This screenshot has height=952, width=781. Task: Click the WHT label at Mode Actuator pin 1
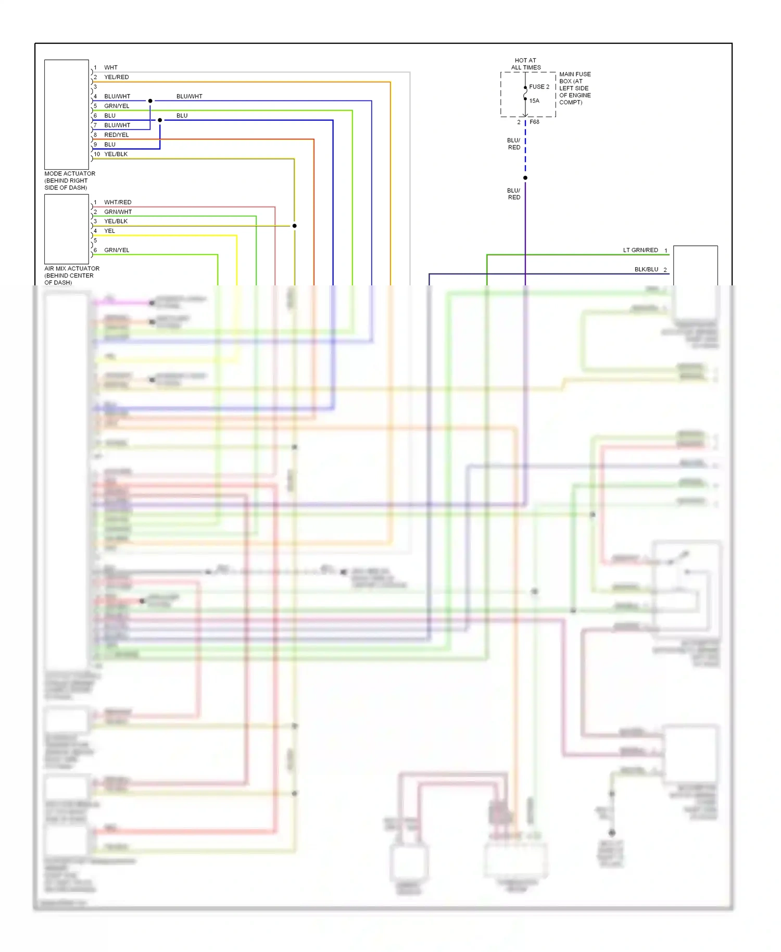pyautogui.click(x=110, y=68)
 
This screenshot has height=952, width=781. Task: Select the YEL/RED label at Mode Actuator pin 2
pyautogui.click(x=116, y=77)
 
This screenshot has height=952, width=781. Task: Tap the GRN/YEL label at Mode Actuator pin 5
pyautogui.click(x=117, y=106)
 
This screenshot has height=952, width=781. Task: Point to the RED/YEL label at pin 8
pyautogui.click(x=116, y=135)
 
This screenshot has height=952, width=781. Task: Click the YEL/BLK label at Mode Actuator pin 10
pyautogui.click(x=116, y=154)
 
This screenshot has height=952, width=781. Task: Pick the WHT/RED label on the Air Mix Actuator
pyautogui.click(x=118, y=202)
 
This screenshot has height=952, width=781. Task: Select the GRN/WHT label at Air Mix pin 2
pyautogui.click(x=118, y=212)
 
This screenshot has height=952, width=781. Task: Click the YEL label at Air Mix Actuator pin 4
pyautogui.click(x=109, y=231)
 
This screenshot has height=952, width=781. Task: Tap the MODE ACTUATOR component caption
pyautogui.click(x=70, y=180)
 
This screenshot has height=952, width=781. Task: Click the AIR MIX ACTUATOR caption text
pyautogui.click(x=71, y=275)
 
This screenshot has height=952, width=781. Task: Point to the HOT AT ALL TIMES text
pyautogui.click(x=525, y=64)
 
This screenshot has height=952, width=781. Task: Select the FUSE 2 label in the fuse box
pyautogui.click(x=539, y=87)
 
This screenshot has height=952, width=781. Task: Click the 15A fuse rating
pyautogui.click(x=534, y=101)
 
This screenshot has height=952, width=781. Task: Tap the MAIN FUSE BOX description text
pyautogui.click(x=574, y=88)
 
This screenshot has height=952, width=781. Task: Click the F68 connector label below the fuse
pyautogui.click(x=535, y=122)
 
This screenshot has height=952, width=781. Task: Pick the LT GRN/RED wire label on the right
pyautogui.click(x=640, y=250)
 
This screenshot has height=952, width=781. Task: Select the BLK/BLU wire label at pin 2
pyautogui.click(x=646, y=270)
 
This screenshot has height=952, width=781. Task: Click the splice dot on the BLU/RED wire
pyautogui.click(x=525, y=178)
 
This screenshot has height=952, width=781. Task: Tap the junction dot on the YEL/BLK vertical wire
pyautogui.click(x=294, y=226)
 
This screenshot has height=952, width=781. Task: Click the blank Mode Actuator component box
pyautogui.click(x=67, y=115)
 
